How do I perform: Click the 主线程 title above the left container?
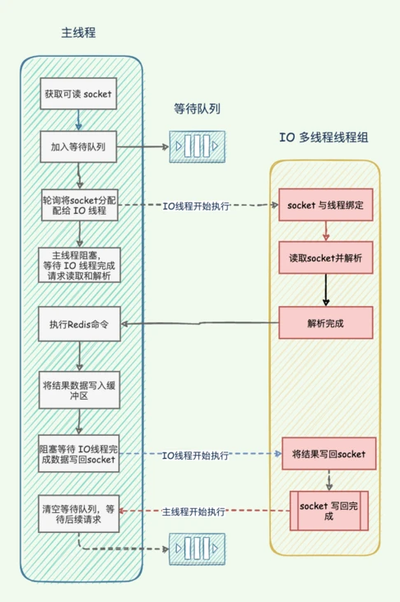coord(79,33)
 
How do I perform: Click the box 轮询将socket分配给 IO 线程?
coord(79,206)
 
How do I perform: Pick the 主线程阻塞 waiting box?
coord(79,266)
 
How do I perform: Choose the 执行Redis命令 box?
coord(79,323)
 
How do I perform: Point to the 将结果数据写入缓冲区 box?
coord(79,389)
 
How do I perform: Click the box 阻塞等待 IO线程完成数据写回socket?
coord(79,455)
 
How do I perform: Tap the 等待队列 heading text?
coord(197,109)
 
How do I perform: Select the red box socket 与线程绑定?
coord(326,205)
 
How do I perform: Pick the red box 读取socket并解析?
coord(326,257)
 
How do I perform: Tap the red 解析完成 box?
coord(326,322)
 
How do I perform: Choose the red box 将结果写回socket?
coord(328,453)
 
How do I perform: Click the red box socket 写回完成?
coord(328,510)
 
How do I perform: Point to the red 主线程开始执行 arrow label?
coord(194,512)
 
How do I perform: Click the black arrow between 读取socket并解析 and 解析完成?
coord(326,290)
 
